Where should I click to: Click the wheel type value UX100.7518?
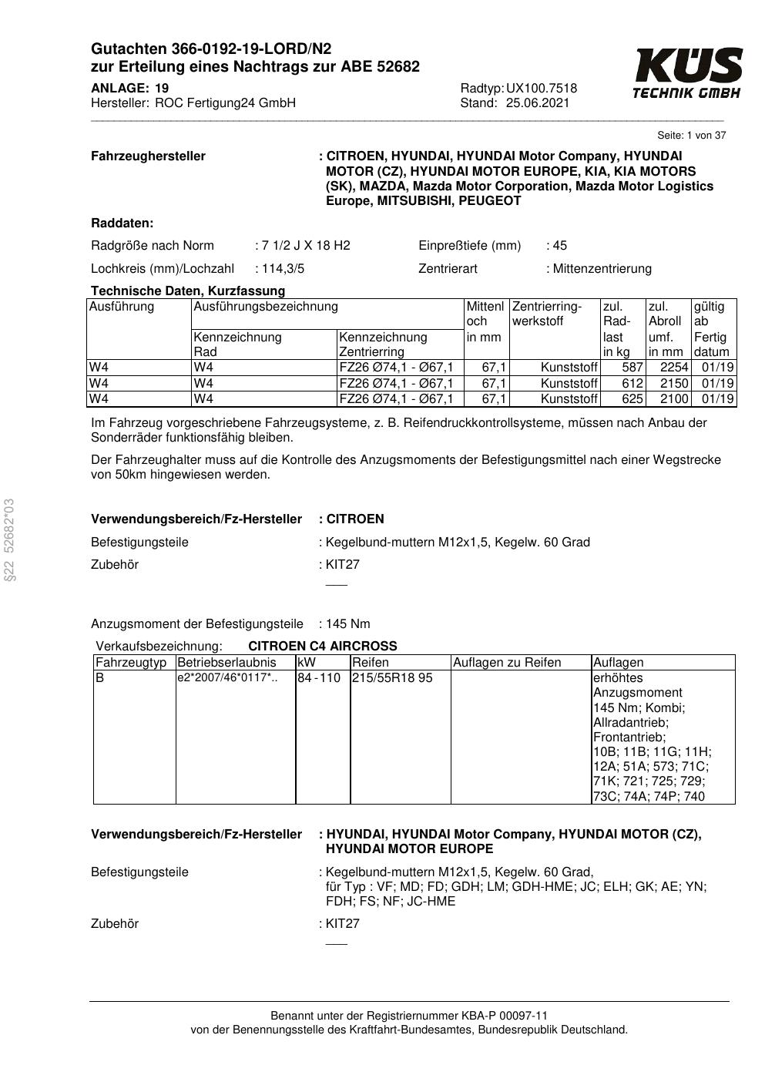click(x=541, y=89)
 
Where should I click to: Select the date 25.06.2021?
click(x=538, y=103)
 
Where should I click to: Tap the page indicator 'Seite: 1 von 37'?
click(x=691, y=136)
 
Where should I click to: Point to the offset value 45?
click(x=559, y=246)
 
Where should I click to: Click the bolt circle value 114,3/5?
click(x=283, y=269)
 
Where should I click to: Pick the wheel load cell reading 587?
click(x=632, y=368)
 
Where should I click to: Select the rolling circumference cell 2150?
click(x=674, y=384)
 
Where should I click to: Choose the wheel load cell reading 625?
click(x=632, y=399)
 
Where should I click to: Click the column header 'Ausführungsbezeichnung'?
click(x=266, y=307)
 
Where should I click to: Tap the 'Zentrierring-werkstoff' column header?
click(x=547, y=314)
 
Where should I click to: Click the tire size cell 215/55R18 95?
click(x=392, y=678)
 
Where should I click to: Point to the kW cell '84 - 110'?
click(x=319, y=678)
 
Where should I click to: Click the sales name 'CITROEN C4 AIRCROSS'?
click(x=323, y=647)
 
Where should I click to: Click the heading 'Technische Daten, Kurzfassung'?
click(x=188, y=291)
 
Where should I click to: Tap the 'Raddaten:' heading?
click(x=122, y=223)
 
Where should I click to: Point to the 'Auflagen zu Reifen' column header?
click(x=507, y=663)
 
